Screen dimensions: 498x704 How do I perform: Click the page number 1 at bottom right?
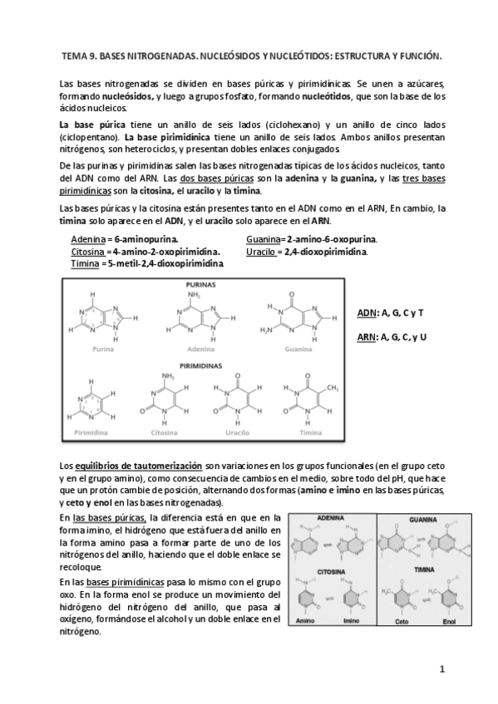click(x=443, y=668)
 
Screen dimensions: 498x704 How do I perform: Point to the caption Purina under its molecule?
click(x=104, y=350)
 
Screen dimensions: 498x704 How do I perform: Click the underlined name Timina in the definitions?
click(x=84, y=263)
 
